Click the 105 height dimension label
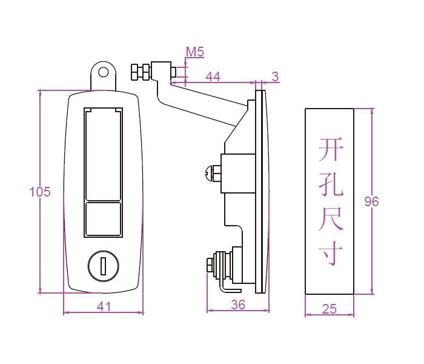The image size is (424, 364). [x=40, y=192]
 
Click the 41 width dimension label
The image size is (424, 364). [x=104, y=307]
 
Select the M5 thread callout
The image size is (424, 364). [x=194, y=52]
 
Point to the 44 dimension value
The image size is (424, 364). [x=213, y=76]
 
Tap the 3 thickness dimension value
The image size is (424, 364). [x=275, y=76]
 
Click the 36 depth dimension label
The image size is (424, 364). [x=238, y=305]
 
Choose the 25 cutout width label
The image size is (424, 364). [x=329, y=309]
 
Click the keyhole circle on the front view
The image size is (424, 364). [x=104, y=266]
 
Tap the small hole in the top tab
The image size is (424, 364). [x=104, y=72]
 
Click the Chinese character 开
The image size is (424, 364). [x=331, y=149]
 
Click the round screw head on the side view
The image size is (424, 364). [x=210, y=173]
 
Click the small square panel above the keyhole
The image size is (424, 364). [x=104, y=218]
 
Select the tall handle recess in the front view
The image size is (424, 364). [x=104, y=154]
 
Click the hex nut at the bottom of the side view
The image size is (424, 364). [x=211, y=265]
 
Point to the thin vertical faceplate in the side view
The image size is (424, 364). [x=261, y=191]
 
